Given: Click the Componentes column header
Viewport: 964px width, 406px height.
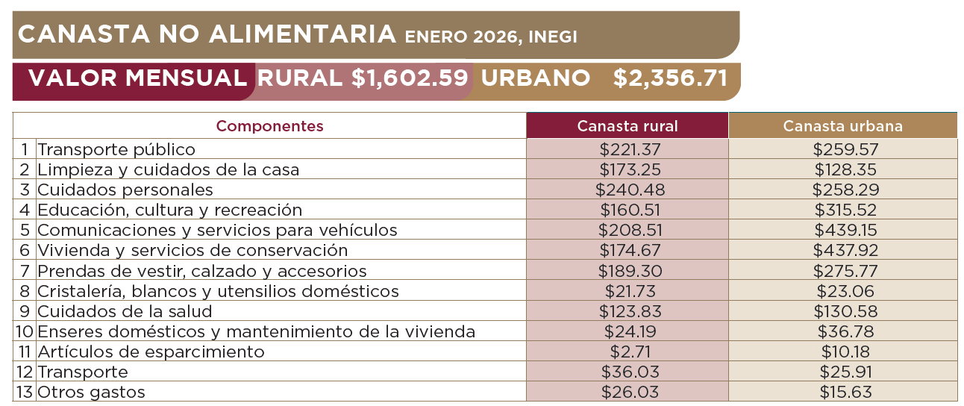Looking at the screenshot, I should point(270,126).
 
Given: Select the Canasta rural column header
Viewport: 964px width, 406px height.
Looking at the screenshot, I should point(627,126).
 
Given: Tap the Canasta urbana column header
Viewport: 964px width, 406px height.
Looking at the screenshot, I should point(842,126).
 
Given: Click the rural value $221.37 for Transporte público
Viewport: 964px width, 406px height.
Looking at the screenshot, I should point(630,149).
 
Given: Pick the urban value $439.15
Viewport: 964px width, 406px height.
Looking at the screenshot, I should point(845,230).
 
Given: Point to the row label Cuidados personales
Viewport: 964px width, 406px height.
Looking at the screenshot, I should point(125,190).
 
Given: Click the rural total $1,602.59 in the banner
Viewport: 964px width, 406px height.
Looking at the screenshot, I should point(410,78).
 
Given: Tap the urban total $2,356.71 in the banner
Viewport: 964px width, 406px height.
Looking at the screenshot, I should point(670,78).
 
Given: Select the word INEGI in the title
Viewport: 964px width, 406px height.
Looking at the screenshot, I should point(554,37).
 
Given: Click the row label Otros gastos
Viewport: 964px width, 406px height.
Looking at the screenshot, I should point(91,392).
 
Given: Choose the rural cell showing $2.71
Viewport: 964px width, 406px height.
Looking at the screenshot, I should point(630,352).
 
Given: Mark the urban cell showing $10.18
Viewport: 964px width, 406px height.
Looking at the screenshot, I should point(845,352).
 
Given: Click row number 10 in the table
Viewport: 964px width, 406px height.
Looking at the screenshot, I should point(25,331).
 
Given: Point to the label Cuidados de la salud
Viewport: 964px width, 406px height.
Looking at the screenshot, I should point(125,311).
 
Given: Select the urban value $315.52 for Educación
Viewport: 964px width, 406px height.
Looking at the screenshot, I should point(845,210).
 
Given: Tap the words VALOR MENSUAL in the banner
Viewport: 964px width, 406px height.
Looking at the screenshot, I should point(137,78).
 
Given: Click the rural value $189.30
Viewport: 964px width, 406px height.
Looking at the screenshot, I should point(630,271).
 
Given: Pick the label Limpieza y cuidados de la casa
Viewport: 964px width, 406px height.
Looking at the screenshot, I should point(169,169).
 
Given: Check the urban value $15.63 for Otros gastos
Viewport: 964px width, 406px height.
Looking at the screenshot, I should point(845,392).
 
